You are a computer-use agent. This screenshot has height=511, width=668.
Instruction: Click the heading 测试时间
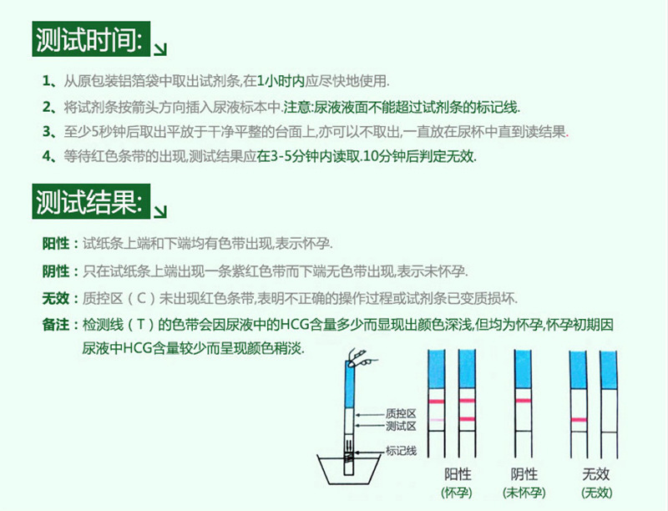tap(91, 38)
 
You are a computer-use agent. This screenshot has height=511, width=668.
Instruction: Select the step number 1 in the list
tap(47, 82)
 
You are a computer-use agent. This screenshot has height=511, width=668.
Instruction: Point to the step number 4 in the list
tap(47, 156)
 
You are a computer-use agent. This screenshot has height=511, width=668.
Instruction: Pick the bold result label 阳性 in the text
tap(56, 244)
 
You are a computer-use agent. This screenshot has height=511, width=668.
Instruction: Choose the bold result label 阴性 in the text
tap(56, 271)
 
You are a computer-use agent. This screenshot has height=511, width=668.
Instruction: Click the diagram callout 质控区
tap(401, 413)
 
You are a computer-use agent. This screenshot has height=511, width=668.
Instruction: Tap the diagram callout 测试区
tap(401, 427)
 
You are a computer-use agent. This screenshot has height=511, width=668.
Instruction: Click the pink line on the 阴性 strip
tap(520, 402)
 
